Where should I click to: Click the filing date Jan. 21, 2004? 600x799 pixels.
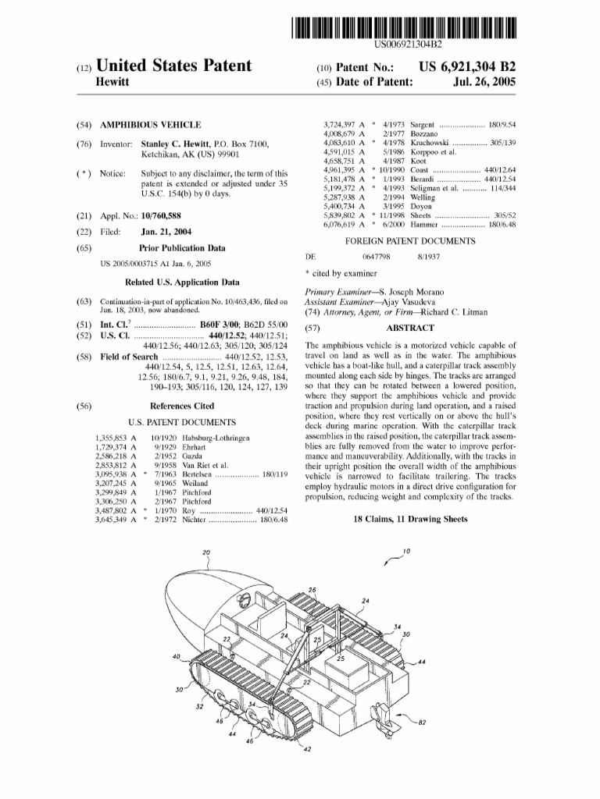tap(167, 232)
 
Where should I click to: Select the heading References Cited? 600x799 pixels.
tap(181, 406)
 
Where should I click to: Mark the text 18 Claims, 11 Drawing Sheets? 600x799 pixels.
tap(410, 519)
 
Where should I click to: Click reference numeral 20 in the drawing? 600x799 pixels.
tap(206, 552)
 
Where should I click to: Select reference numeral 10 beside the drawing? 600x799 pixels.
tap(406, 551)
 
